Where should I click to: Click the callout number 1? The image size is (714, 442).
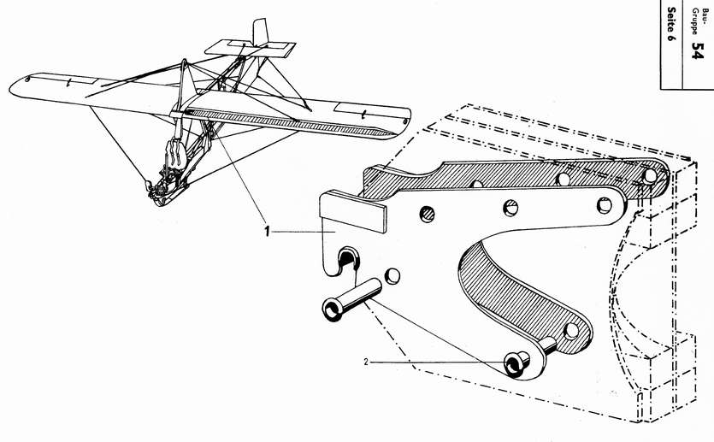[x=267, y=231]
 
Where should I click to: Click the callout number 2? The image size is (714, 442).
[x=365, y=362]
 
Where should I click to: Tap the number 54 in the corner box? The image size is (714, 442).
[x=698, y=51]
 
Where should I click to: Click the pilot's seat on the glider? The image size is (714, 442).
[x=174, y=154]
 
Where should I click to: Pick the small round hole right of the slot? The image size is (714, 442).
[x=392, y=275]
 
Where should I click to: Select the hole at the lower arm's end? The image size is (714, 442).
[x=571, y=330]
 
